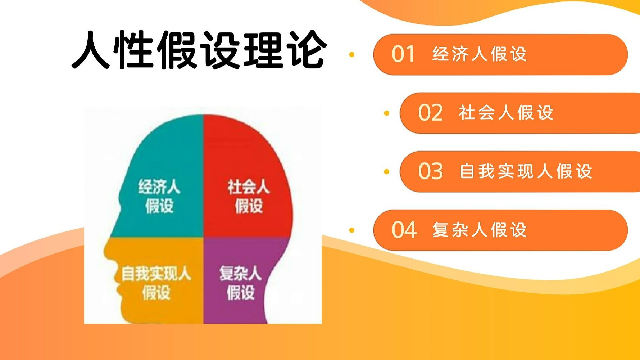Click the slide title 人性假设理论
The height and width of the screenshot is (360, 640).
click(x=199, y=49)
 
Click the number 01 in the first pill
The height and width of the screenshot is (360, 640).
click(x=403, y=54)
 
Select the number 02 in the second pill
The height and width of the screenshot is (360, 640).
click(x=430, y=113)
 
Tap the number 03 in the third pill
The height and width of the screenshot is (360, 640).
click(x=430, y=171)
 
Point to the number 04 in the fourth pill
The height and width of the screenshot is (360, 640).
click(x=404, y=230)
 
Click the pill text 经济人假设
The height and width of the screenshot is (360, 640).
click(x=480, y=54)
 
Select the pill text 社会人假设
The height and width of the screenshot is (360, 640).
click(x=506, y=113)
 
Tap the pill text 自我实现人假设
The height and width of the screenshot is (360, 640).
click(x=526, y=171)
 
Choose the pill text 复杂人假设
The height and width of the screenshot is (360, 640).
click(x=480, y=230)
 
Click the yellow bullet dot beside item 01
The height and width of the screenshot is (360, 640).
click(x=352, y=55)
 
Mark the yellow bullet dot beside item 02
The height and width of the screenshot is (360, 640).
click(x=387, y=113)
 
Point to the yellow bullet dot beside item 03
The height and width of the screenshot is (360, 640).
click(x=387, y=171)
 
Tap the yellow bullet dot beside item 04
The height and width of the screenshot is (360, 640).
click(x=352, y=230)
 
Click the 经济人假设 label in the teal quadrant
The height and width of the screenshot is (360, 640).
click(x=159, y=196)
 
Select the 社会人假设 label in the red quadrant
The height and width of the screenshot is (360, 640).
click(x=248, y=196)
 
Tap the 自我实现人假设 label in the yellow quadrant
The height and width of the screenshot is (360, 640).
click(x=156, y=283)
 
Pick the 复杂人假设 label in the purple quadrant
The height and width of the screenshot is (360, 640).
click(x=240, y=283)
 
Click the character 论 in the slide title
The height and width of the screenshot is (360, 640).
click(x=308, y=50)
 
